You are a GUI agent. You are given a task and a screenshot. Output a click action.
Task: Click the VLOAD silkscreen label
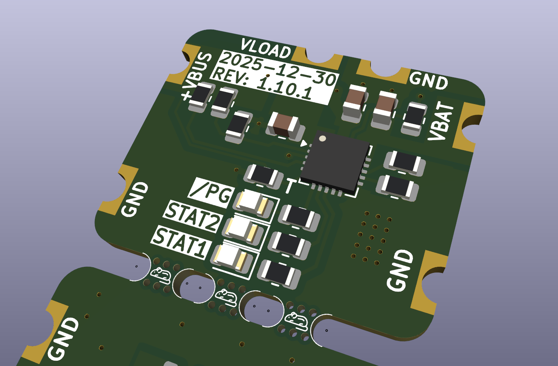(266, 49)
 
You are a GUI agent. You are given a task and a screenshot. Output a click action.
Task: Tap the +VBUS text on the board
(197, 76)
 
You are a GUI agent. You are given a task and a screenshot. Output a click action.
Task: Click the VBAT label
(442, 121)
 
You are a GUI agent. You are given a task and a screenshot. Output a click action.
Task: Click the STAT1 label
(182, 242)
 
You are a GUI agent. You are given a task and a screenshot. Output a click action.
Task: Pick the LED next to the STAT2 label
(242, 229)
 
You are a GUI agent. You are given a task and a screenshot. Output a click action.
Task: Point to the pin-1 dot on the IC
(322, 138)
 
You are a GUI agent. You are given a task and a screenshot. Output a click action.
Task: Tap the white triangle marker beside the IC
(304, 143)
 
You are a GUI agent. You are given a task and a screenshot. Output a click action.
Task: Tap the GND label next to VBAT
(429, 81)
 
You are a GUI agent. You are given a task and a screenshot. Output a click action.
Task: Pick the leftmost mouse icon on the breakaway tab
(161, 274)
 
